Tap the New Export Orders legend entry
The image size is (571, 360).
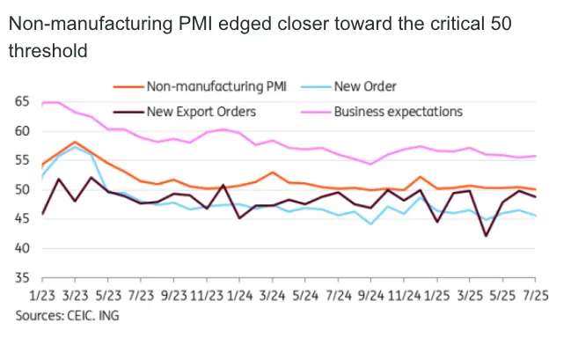(x=201, y=112)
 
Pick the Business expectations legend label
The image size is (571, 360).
(x=398, y=112)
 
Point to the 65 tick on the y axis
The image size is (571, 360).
(x=21, y=102)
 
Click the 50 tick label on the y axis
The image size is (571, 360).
(x=21, y=189)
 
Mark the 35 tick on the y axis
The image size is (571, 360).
(x=21, y=277)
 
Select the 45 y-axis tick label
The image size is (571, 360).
(x=21, y=218)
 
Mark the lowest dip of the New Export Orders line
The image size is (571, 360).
(x=486, y=236)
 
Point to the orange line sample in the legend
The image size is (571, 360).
(x=128, y=86)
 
